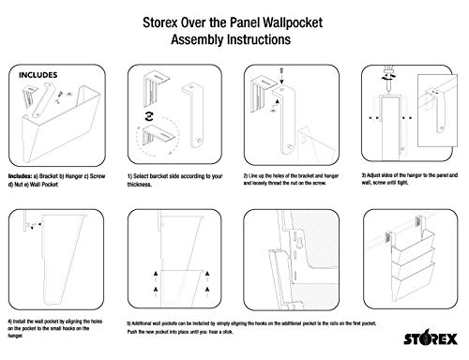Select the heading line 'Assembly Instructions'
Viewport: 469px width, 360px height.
(234, 41)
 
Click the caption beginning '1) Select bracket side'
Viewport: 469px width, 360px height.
(178, 178)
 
